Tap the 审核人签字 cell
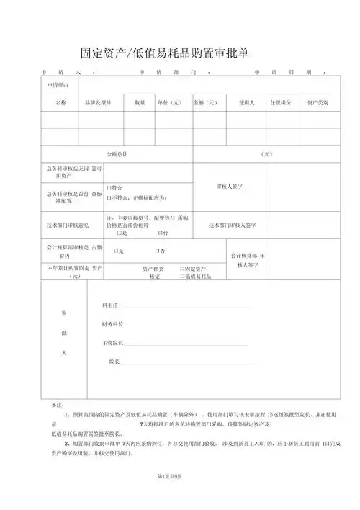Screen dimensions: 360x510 point(229,186)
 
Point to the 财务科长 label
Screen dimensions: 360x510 point(113,324)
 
